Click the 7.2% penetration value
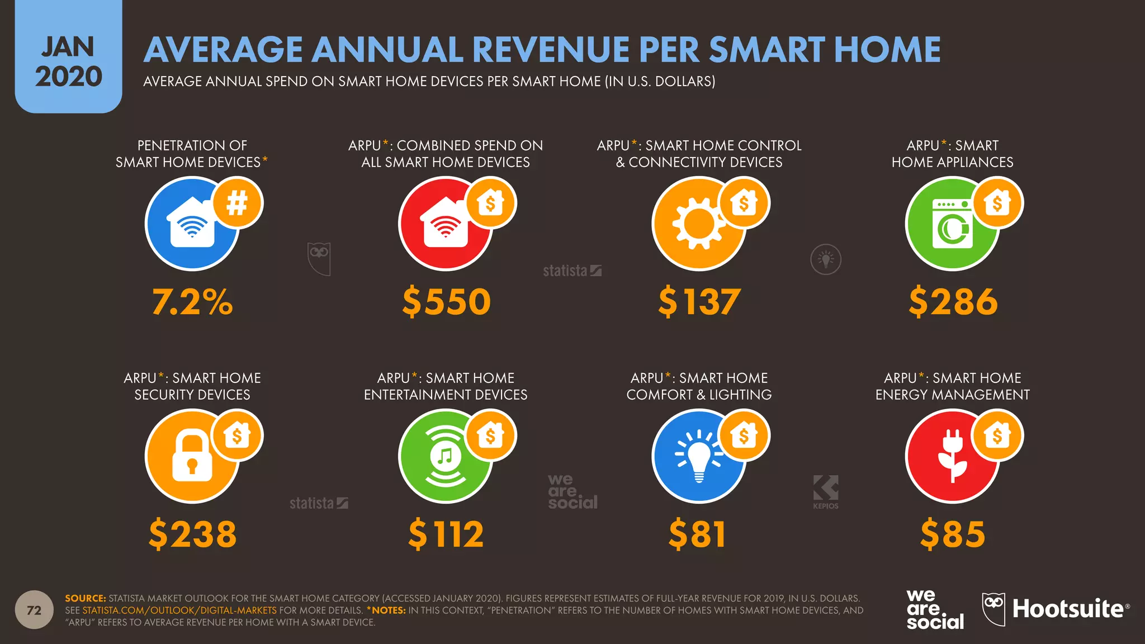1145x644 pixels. (192, 302)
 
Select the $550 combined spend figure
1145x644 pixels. (446, 302)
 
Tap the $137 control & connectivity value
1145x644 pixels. (699, 302)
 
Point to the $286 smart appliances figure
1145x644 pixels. (953, 302)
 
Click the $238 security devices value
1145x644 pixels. (192, 534)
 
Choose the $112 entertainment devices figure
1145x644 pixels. (446, 534)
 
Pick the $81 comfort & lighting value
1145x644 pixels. (697, 534)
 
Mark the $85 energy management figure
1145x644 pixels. (952, 534)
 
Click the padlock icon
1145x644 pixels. (192, 456)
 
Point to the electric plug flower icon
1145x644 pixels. (952, 456)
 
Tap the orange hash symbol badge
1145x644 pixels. (237, 202)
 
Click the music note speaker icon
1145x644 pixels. (445, 456)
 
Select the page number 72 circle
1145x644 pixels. (34, 610)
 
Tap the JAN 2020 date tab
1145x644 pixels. (68, 61)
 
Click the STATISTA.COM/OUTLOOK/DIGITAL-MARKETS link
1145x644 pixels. (179, 610)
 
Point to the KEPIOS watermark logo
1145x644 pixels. (826, 492)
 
